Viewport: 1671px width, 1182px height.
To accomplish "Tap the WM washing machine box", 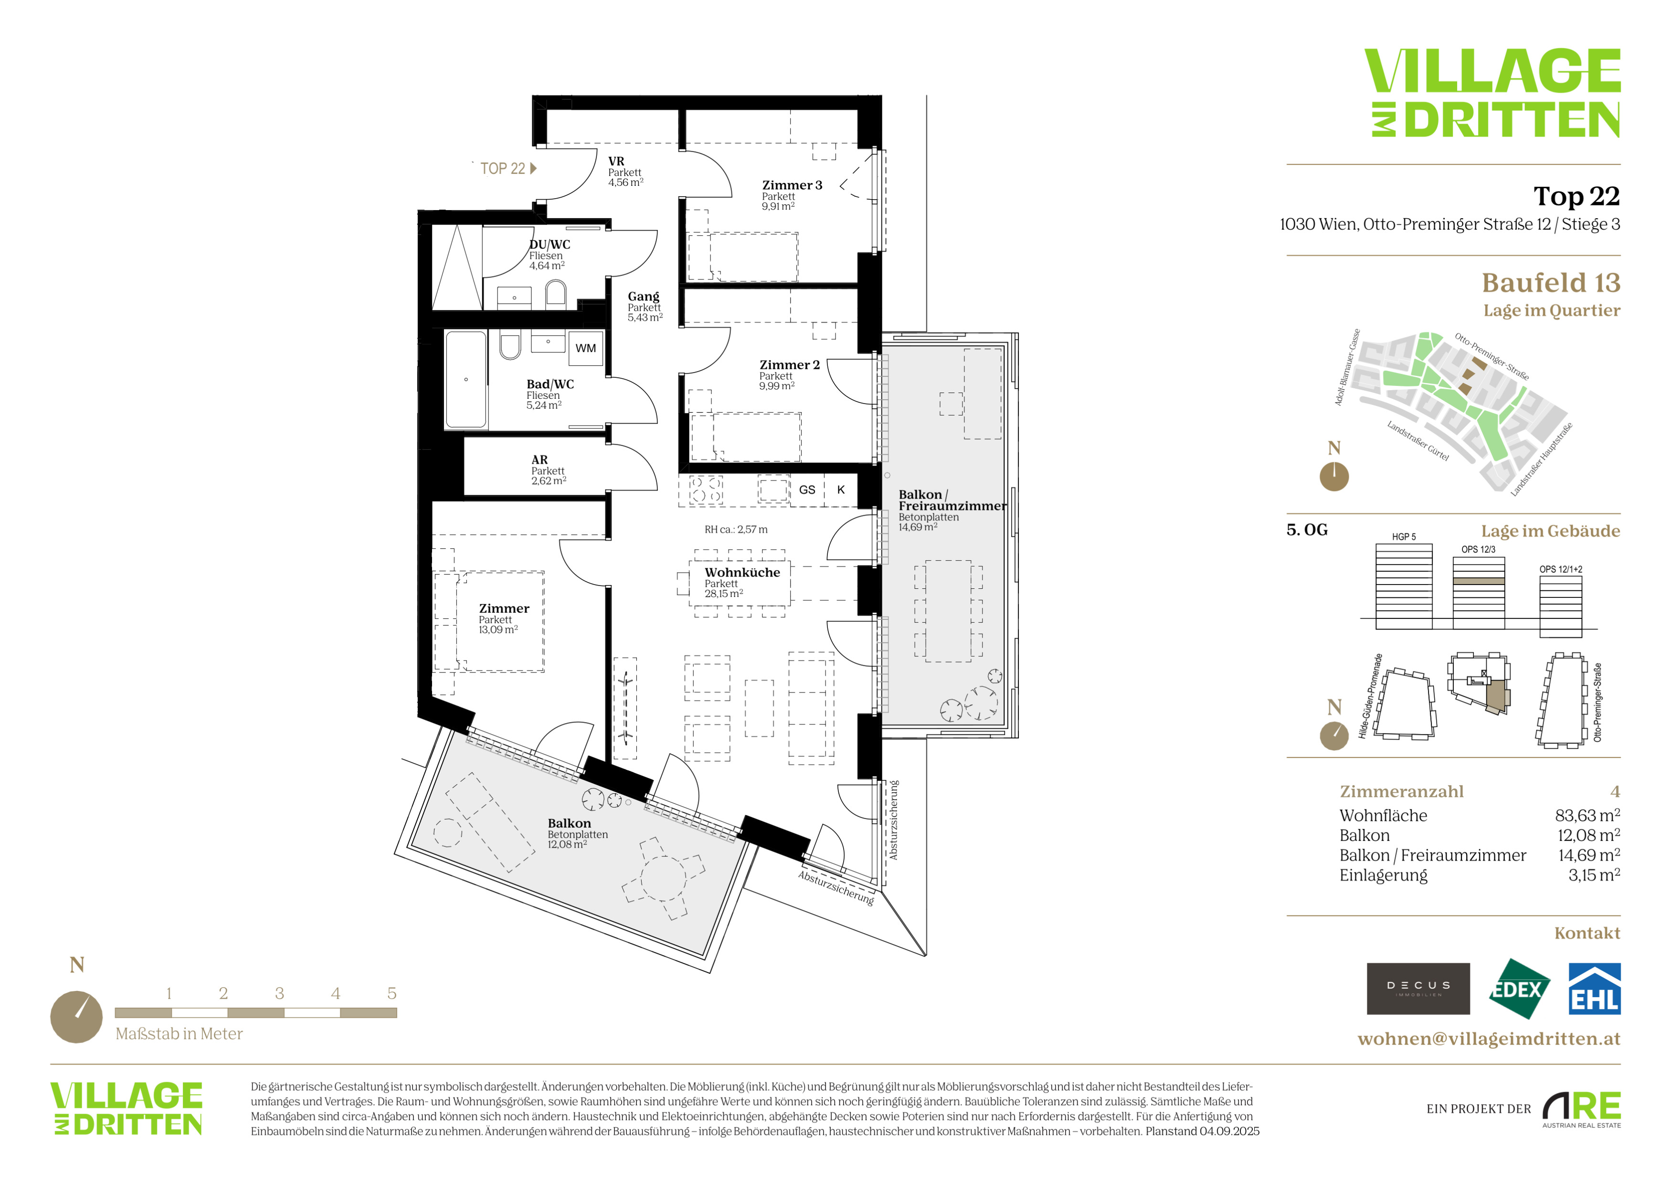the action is click(586, 348).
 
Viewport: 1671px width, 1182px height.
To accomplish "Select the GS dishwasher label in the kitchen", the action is click(807, 490).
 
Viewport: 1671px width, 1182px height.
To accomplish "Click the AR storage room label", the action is click(539, 460).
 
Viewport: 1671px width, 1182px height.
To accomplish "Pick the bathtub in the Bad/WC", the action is click(466, 379).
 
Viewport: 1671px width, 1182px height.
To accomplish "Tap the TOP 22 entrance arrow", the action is click(533, 168).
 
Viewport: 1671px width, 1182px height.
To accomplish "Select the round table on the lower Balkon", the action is click(663, 878).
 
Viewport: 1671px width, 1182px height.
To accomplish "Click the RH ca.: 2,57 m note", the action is click(736, 530).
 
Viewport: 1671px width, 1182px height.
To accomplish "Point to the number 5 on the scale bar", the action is click(391, 993).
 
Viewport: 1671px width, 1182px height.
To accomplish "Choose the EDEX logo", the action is click(1519, 989).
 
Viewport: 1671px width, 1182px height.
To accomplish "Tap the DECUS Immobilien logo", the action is click(1418, 989).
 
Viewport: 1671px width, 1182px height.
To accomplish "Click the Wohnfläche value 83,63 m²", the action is click(1587, 815).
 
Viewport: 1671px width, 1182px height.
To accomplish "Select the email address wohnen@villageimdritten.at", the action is click(1489, 1039).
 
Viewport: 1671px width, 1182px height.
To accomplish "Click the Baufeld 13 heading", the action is click(1551, 282).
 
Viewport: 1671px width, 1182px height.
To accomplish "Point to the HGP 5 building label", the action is click(1404, 537).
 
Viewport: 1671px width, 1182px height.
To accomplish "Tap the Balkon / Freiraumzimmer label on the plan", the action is click(952, 501).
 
